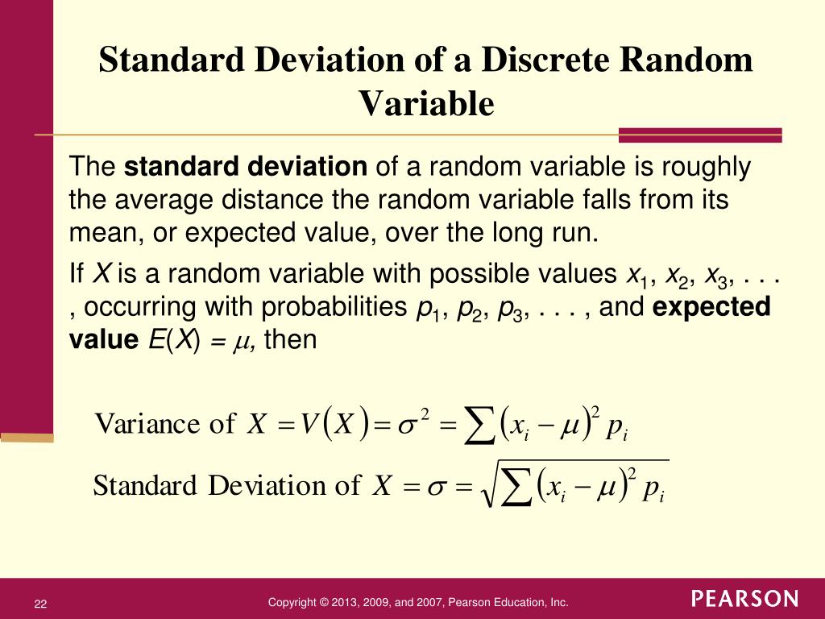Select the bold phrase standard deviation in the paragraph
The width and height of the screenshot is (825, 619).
(x=246, y=168)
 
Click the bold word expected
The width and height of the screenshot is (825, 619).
(x=711, y=307)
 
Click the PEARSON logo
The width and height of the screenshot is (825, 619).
(x=744, y=599)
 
